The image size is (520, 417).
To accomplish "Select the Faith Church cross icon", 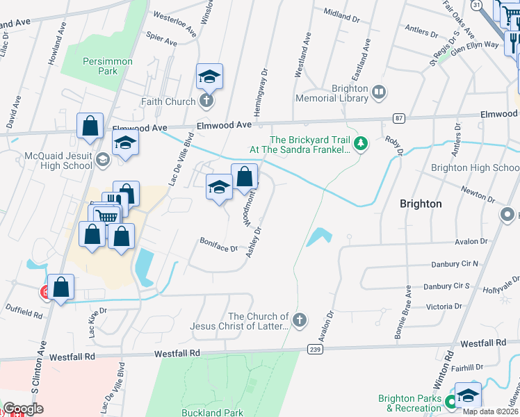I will pos(206,102).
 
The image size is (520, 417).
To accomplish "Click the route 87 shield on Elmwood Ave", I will pos(398,118).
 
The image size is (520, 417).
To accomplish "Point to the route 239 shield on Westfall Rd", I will pos(314,349).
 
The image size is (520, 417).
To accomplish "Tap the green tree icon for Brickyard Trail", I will pos(360,144).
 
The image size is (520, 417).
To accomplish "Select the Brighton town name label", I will pos(421,204).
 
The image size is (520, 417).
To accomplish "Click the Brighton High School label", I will pos(475,167).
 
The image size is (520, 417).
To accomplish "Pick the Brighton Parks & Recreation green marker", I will pos(450,401).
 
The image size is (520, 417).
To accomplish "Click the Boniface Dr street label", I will pos(220,247).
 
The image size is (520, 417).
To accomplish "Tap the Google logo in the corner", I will pos(23,409).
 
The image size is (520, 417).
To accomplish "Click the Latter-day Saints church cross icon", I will pos(299,320).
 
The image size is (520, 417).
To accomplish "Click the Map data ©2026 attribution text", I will pos(490,411).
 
